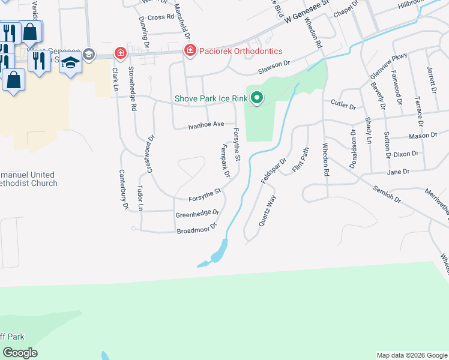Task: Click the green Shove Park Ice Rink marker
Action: [258, 98]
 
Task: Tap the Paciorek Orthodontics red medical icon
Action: [190, 50]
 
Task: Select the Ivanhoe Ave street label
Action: [206, 125]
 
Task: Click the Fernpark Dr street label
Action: [226, 161]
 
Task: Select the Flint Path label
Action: [300, 160]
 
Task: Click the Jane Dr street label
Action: [399, 172]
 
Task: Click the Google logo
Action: [20, 353]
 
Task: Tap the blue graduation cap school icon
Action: [71, 62]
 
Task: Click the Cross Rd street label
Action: [160, 17]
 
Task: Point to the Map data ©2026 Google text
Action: [412, 355]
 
